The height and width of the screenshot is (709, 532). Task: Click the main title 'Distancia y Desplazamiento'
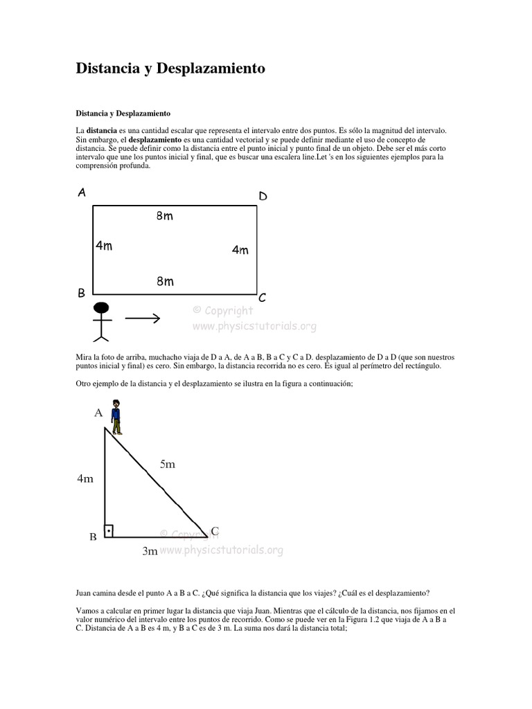[170, 69]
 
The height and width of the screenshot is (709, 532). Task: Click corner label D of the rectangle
[263, 197]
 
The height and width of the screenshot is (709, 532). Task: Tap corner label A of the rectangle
[82, 193]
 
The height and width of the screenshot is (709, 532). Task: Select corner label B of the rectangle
[81, 294]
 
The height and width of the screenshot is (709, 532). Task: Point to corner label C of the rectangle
[263, 298]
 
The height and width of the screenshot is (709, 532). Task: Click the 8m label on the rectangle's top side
[165, 216]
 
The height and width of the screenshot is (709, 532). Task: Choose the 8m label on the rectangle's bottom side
[165, 281]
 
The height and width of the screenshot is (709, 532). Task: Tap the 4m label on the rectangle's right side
[240, 250]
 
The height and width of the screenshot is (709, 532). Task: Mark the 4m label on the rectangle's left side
[104, 245]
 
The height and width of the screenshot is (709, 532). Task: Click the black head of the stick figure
[102, 307]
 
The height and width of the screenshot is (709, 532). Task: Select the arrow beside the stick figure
[143, 318]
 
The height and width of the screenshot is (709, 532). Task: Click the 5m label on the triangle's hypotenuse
[168, 465]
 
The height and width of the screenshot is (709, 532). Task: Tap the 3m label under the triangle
[150, 551]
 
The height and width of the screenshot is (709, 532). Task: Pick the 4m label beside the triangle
[85, 478]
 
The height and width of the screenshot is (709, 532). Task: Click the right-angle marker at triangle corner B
[108, 531]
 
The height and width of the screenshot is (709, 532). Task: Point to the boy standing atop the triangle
[116, 416]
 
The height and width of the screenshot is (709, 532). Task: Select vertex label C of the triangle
[215, 531]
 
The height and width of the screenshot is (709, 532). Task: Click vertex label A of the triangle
[98, 413]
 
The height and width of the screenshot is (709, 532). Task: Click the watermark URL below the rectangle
[254, 325]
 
